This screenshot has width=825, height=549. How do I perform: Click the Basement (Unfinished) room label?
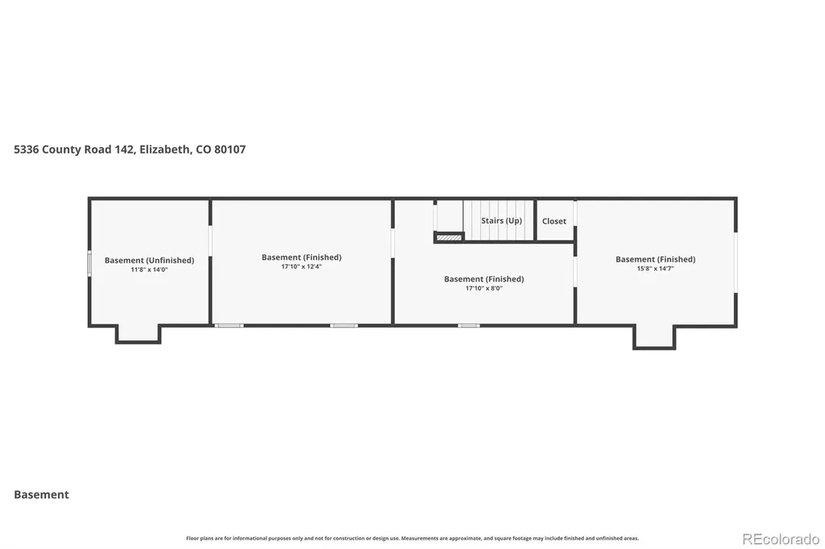[x=149, y=260]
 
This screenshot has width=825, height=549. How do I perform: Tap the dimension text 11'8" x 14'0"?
[x=149, y=270]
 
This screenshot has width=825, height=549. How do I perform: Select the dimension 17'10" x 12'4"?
[x=301, y=266]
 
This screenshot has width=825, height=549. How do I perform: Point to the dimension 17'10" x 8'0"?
[x=484, y=288]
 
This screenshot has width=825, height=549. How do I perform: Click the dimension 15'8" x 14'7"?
[x=656, y=269]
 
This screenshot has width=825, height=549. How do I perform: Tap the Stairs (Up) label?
[x=501, y=221]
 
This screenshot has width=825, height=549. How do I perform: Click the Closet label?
[x=554, y=221]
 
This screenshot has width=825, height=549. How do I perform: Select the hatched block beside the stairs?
[x=449, y=237]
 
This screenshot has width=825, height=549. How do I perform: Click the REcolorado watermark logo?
[x=781, y=539]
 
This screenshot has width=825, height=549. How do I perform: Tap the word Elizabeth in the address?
[x=165, y=150]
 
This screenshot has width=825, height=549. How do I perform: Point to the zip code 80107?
[x=230, y=150]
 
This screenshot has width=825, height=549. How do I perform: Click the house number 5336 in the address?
[x=27, y=150]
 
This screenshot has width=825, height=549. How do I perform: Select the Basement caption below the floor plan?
[x=42, y=494]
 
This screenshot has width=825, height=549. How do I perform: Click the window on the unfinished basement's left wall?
[x=89, y=263]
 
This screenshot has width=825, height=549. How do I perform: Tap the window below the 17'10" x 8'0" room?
[x=468, y=325]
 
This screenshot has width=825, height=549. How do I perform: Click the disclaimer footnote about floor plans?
[x=412, y=539]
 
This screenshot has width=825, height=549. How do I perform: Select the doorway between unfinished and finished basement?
[x=210, y=241]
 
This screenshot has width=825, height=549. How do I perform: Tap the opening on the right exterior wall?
[x=736, y=262]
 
